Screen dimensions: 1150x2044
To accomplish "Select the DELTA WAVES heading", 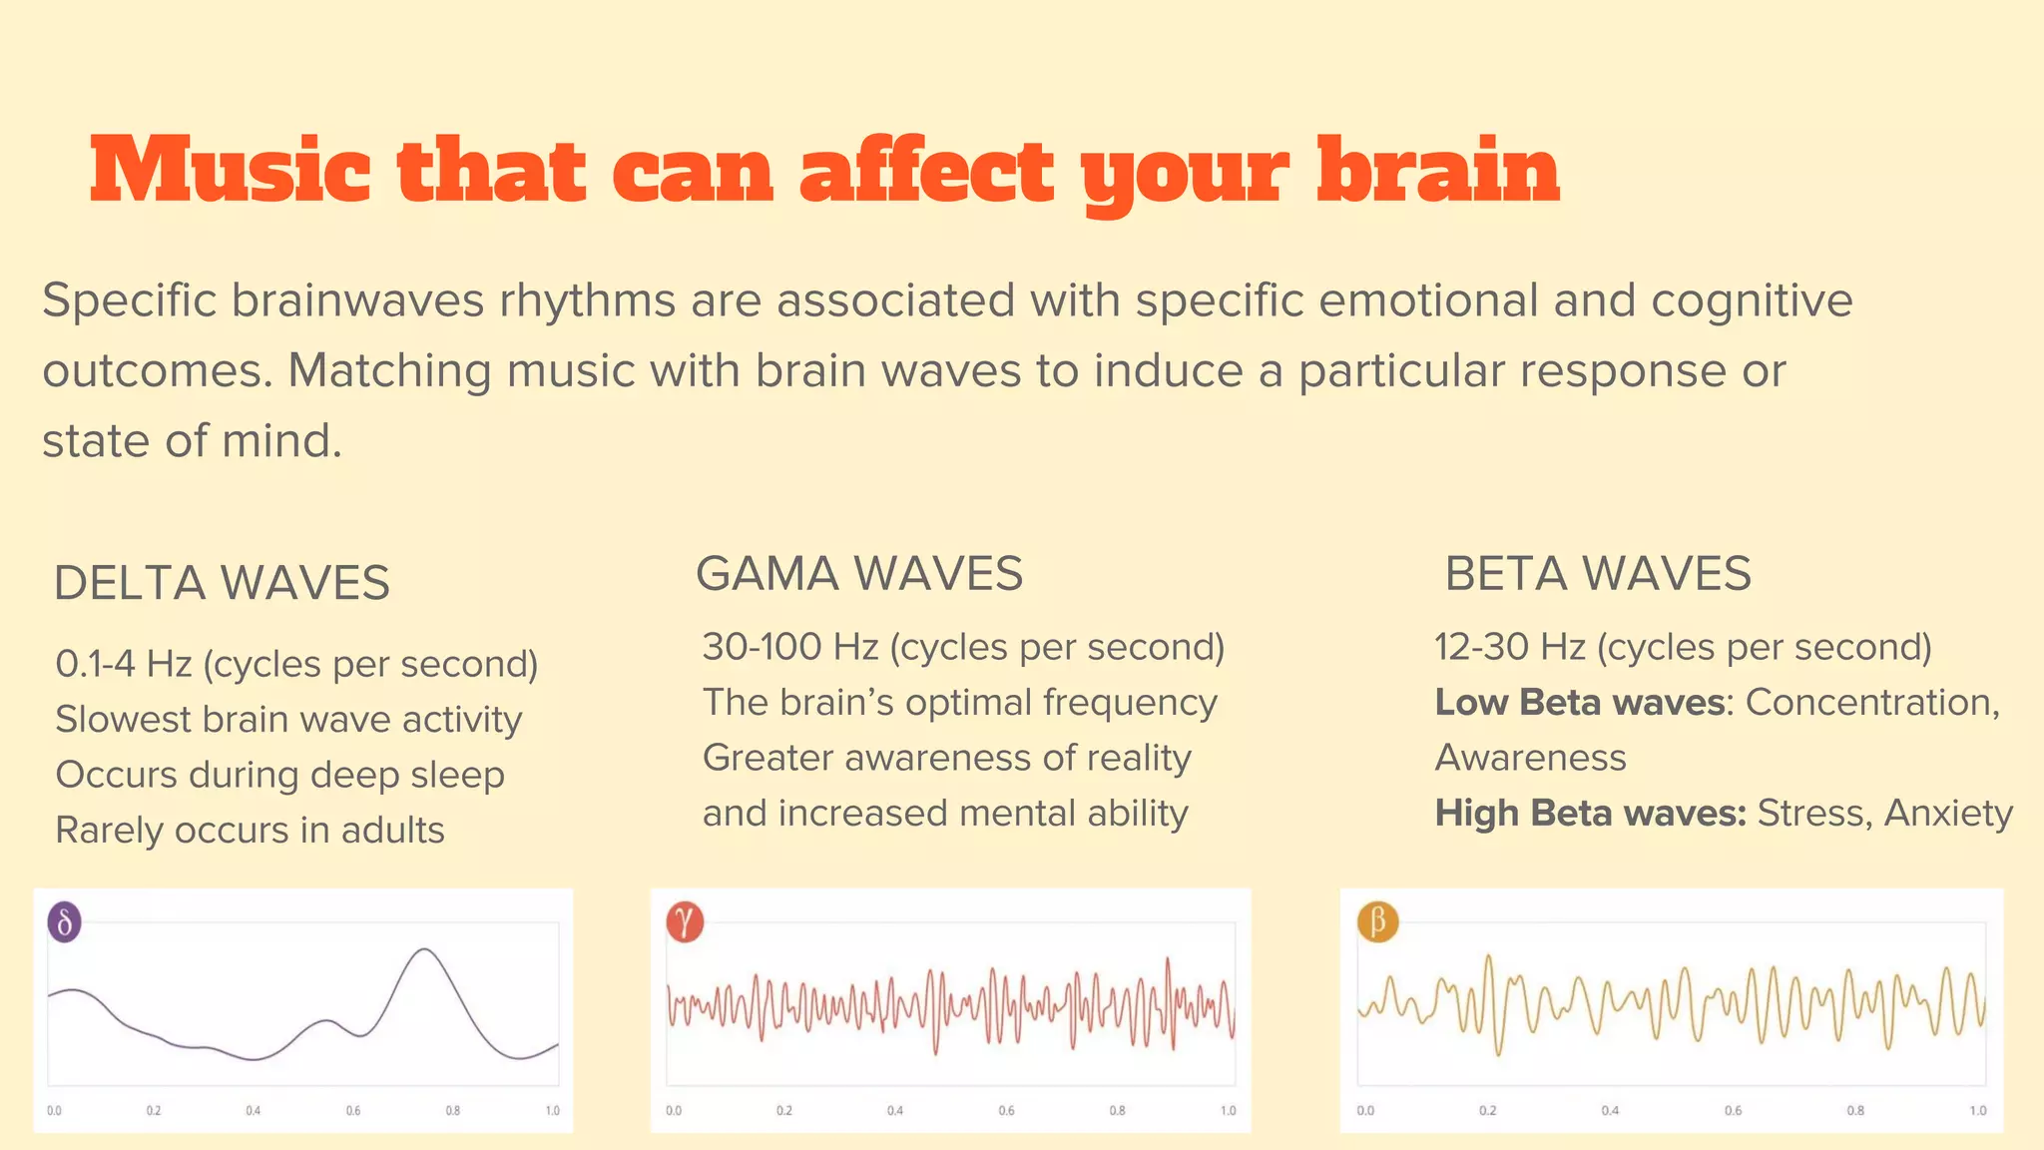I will [222, 583].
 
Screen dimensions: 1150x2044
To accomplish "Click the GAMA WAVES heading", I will [859, 574].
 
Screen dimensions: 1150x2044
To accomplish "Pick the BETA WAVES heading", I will [1598, 574].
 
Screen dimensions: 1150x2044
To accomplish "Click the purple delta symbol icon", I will [65, 922].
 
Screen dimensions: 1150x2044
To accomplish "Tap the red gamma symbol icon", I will [685, 921].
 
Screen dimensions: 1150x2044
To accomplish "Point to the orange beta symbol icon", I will [1378, 921].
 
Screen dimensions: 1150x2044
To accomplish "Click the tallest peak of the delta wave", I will [426, 949].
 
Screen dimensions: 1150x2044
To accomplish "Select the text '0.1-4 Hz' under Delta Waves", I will [124, 664].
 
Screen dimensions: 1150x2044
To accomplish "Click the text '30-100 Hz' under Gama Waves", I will [789, 647].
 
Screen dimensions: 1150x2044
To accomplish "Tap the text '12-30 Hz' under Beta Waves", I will [1510, 647].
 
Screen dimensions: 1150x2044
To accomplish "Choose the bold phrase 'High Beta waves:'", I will [1590, 814].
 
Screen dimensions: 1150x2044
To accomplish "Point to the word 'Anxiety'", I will [1948, 814].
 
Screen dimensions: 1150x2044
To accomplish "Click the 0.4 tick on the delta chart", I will [254, 1110].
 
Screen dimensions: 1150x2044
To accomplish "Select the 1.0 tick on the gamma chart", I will [1229, 1110].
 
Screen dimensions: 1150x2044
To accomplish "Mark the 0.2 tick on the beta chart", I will [1488, 1110].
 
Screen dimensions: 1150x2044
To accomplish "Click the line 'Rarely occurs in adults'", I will [250, 831].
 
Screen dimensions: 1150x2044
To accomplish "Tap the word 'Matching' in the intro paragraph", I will [389, 370].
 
